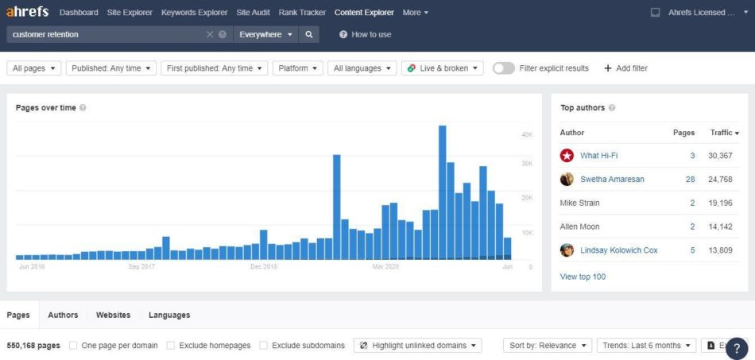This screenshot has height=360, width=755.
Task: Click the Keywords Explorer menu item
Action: coord(194,13)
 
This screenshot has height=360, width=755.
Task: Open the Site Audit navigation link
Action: coord(253,13)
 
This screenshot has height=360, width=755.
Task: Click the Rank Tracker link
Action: coord(302,13)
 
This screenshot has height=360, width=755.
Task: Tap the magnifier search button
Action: coord(309,35)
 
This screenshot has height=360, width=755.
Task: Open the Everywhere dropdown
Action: coord(266,35)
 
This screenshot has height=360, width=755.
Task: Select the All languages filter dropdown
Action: coord(362,68)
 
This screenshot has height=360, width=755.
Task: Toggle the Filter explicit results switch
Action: coord(503,68)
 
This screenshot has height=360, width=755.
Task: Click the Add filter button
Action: coord(625,68)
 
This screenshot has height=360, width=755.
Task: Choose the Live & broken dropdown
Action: coord(443,68)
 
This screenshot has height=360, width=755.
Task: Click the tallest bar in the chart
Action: coord(442,191)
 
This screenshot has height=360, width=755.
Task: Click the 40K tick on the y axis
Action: coord(527,135)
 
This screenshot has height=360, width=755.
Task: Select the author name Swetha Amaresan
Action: coord(612,180)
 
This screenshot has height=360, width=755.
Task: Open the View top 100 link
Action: coord(583,277)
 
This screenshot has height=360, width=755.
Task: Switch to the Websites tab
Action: coord(113,315)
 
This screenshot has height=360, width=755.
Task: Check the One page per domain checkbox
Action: coord(73,346)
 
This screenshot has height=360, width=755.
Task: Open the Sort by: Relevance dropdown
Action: coord(548,346)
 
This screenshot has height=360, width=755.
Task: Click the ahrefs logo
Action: coord(27,13)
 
